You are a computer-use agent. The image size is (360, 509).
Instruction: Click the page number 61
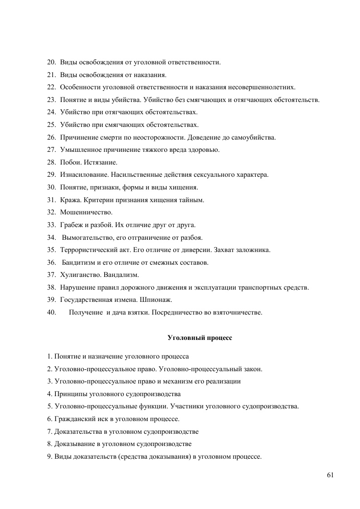330,475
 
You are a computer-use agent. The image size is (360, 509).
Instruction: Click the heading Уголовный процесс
200,338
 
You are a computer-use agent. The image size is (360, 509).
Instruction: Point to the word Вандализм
121,275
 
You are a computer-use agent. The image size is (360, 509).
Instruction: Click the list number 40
51,312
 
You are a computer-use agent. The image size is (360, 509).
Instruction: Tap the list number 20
51,62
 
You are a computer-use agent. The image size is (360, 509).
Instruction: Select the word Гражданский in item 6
72,419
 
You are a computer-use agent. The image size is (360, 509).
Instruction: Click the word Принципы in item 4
70,394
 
